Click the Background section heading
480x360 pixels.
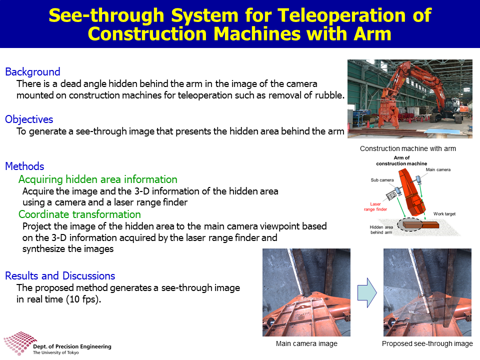[33, 71]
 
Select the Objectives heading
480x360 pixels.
[29, 119]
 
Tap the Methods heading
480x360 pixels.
[25, 166]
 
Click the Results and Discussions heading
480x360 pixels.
[60, 276]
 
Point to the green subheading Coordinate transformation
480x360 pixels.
[79, 214]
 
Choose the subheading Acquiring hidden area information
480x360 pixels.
[98, 179]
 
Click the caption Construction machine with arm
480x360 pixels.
[408, 148]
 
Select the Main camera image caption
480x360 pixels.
[306, 343]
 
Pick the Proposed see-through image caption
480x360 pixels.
[427, 343]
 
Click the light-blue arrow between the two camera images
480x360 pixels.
[367, 293]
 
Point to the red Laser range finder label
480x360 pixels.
[375, 206]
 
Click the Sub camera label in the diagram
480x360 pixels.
[382, 180]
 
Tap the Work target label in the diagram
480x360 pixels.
[444, 213]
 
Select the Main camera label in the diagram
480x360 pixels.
[438, 169]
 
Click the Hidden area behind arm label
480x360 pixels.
[381, 229]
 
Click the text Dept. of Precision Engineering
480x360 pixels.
[72, 346]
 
